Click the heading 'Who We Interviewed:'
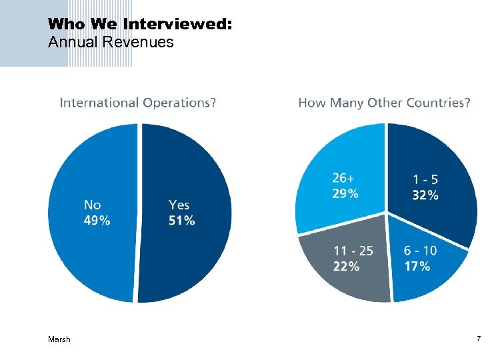coord(140,24)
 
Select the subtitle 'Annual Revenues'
coord(111,43)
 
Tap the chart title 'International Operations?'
coord(138,103)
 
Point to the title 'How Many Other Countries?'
coord(384,103)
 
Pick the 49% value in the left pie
coord(97,221)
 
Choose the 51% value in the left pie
coord(182,221)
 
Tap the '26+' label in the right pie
coord(345,179)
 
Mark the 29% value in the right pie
coord(345,194)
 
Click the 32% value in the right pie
coord(425,195)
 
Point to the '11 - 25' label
coord(353,251)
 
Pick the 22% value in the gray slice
coord(347,266)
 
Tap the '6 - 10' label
coord(421,251)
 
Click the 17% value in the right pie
coord(417,266)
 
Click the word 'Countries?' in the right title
coord(441,103)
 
